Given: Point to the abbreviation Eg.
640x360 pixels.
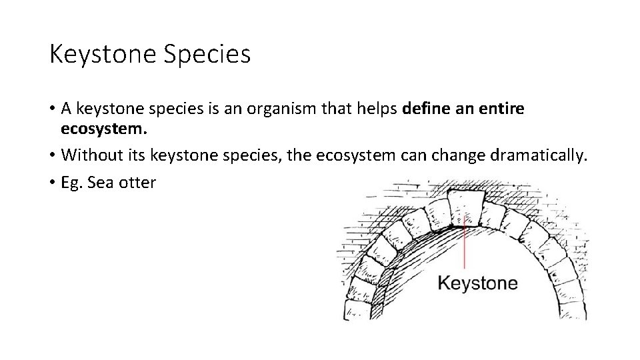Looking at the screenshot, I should tap(71, 182).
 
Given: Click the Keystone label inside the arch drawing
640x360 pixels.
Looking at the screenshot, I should tap(477, 283).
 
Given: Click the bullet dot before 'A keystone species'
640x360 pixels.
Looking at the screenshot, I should tap(52, 109).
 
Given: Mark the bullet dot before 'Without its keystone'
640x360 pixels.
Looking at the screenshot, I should tap(52, 156).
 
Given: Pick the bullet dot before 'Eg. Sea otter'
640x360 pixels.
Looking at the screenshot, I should tap(52, 183).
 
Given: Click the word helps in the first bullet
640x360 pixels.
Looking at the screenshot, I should tap(377, 108).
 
